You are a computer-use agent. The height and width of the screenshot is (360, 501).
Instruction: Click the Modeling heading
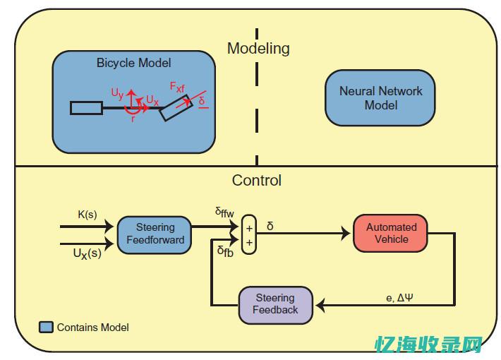[x=258, y=49]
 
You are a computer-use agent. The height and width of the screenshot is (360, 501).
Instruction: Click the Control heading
[x=256, y=180]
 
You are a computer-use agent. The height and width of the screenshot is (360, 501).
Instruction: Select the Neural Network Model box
[x=380, y=98]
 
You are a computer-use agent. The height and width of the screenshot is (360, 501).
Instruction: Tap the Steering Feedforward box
[x=155, y=234]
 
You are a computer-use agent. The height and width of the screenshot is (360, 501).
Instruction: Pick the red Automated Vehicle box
[x=391, y=233]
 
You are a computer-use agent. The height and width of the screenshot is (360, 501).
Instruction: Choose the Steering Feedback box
[x=275, y=304]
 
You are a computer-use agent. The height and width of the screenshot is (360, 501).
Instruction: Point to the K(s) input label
[x=87, y=215]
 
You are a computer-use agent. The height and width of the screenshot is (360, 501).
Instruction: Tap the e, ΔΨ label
[x=399, y=297]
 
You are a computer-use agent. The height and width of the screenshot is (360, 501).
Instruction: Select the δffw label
[x=225, y=212]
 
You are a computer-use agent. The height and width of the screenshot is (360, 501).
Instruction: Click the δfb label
[x=225, y=251]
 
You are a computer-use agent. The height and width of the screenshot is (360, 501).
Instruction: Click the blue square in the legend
[x=46, y=328]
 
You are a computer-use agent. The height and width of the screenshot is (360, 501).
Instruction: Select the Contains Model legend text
[x=93, y=328]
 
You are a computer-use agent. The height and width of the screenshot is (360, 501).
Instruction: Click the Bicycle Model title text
[x=134, y=63]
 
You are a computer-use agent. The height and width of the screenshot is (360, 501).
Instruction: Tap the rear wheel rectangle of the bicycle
[x=86, y=108]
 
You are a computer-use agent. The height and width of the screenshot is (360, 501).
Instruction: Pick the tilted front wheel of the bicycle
[x=174, y=109]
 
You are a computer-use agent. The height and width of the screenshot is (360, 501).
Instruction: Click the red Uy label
[x=117, y=92]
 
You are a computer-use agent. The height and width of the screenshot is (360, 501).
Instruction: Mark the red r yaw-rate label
[x=133, y=118]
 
